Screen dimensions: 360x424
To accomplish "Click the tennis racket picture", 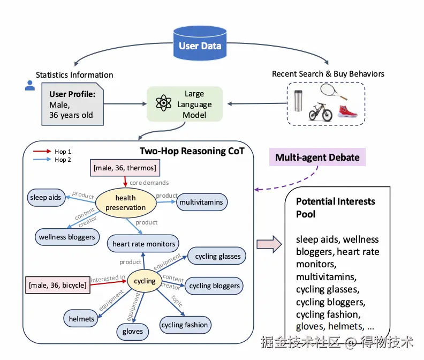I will [334, 93].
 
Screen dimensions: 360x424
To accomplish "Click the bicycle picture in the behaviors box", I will [320, 111].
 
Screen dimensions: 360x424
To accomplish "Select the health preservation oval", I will [126, 203].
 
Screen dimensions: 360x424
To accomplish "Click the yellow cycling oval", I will [145, 281].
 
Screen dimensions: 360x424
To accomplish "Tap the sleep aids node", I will [46, 197].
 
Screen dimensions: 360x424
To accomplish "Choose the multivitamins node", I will [202, 202].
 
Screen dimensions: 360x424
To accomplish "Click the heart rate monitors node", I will [144, 244].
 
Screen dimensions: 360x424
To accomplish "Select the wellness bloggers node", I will [67, 236].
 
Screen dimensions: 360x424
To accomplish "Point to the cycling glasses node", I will [217, 257].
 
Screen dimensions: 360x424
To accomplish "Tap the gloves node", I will [133, 331].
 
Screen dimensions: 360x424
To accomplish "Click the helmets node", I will [81, 319].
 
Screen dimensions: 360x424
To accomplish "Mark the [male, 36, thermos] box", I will [125, 168].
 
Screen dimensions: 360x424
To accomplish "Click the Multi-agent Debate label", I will [317, 157].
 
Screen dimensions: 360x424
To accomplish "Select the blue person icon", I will [31, 86].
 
